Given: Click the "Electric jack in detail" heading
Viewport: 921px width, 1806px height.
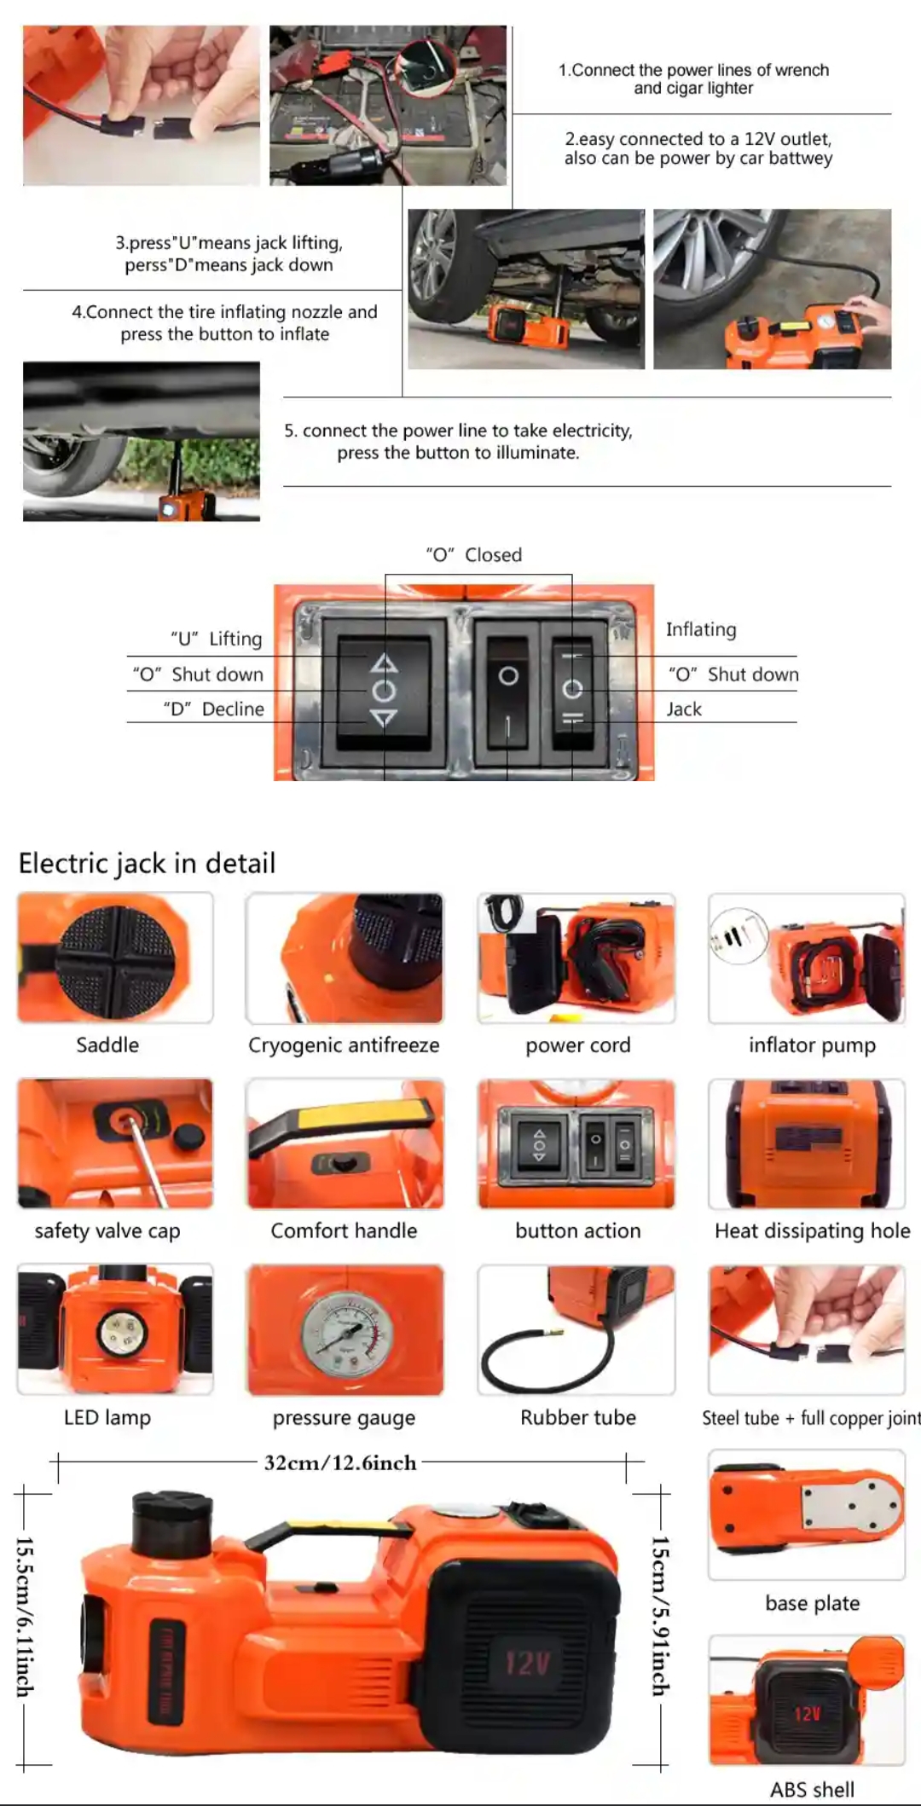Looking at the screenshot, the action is click(x=147, y=863).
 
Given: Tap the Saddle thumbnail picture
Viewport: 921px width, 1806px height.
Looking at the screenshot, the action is click(x=115, y=958).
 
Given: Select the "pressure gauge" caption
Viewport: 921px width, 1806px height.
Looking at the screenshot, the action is click(x=344, y=1418).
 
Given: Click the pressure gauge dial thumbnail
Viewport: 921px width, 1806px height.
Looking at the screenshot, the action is click(x=345, y=1330).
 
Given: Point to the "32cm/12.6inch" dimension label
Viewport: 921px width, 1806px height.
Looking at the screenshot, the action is click(x=340, y=1463).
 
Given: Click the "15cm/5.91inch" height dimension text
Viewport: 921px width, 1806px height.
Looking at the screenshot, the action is click(x=660, y=1615).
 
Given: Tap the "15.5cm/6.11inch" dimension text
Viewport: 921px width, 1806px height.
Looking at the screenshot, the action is click(x=25, y=1616).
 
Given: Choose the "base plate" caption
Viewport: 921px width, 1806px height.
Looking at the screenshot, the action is click(x=812, y=1603).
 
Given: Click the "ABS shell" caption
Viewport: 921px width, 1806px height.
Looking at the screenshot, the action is click(x=812, y=1789).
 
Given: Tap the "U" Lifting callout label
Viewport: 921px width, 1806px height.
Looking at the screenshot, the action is click(x=217, y=639).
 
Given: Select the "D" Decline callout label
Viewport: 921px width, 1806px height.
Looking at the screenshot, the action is click(x=214, y=709).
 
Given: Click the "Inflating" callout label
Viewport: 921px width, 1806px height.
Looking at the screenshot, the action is click(x=701, y=630).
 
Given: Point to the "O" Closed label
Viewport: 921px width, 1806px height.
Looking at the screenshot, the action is click(x=474, y=555).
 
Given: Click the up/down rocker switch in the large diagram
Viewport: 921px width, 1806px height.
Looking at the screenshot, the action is click(x=384, y=690).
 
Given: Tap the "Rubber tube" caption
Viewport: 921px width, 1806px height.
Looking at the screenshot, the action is click(x=578, y=1417).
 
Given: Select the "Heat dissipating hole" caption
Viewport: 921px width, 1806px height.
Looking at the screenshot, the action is click(x=813, y=1231).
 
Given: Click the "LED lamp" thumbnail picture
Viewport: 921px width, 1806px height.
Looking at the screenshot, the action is click(x=115, y=1330).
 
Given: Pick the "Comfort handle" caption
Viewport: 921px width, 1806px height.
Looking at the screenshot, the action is click(x=344, y=1230).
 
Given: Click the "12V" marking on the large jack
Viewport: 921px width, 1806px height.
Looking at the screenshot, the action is click(x=528, y=1663).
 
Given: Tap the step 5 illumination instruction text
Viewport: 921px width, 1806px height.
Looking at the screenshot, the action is click(x=459, y=442).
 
